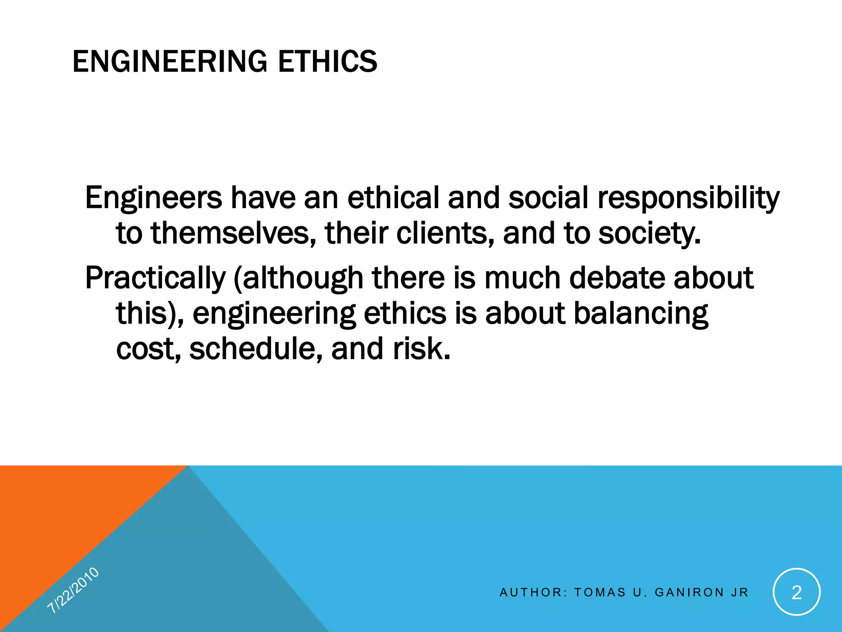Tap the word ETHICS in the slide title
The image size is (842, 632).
point(327,62)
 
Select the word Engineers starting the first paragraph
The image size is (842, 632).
point(153,198)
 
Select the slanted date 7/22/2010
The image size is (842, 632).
point(73,590)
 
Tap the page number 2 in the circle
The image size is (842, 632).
point(797,592)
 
